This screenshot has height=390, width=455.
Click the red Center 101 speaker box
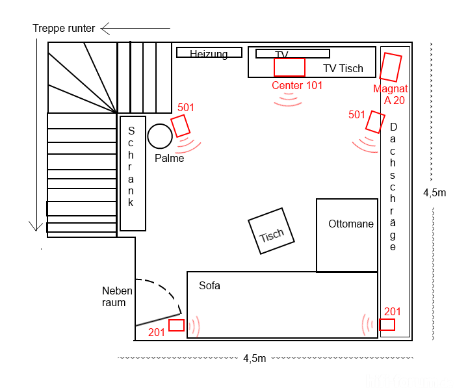289,68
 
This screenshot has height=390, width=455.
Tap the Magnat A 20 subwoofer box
391,67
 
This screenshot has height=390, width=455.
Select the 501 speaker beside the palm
180,125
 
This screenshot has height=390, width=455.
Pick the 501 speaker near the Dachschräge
375,122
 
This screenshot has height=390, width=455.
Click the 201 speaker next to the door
176,325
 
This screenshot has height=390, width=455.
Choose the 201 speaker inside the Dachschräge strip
387,324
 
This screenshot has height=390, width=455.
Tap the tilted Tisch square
271,231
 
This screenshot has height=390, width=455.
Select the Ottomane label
351,224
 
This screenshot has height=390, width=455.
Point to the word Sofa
209,286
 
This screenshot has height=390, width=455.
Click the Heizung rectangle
209,53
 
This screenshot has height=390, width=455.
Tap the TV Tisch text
343,68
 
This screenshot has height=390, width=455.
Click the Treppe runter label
64,29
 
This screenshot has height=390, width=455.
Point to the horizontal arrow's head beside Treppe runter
101,29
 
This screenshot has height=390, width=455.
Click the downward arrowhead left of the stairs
36,230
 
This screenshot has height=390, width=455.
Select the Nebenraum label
117,296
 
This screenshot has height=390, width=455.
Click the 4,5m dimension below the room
255,359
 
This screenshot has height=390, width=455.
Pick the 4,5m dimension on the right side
434,193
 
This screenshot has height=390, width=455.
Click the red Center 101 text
297,86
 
